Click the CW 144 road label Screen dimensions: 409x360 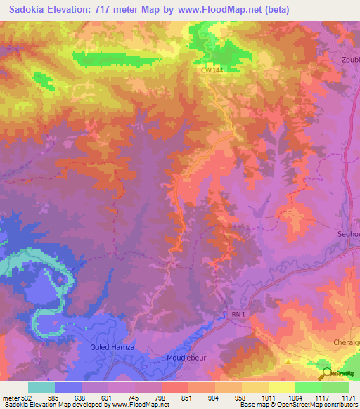pos(211,70)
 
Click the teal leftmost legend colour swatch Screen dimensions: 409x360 pos(41,387)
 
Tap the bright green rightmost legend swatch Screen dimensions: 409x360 pos(335,387)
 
